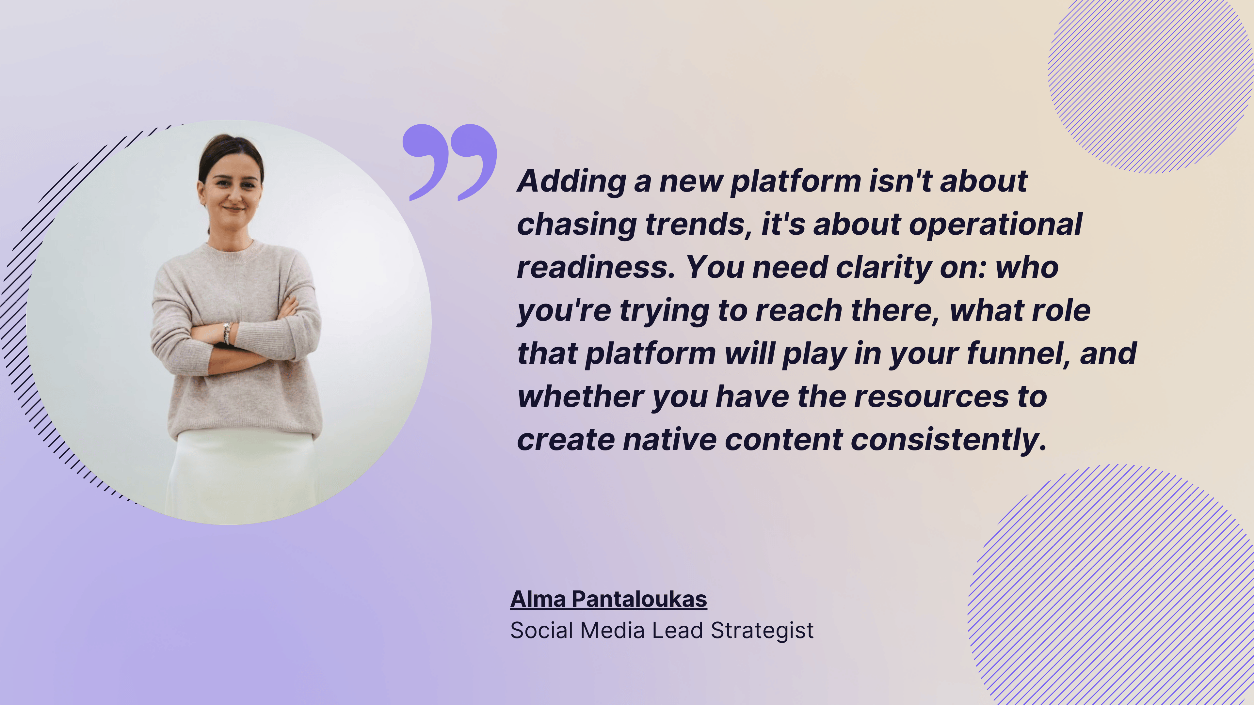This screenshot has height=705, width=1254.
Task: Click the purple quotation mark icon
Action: click(x=449, y=162)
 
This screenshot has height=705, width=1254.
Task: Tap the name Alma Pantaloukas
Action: click(x=608, y=599)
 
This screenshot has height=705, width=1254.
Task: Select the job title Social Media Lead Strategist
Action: click(x=662, y=631)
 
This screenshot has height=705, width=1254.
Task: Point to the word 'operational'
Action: click(x=995, y=225)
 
